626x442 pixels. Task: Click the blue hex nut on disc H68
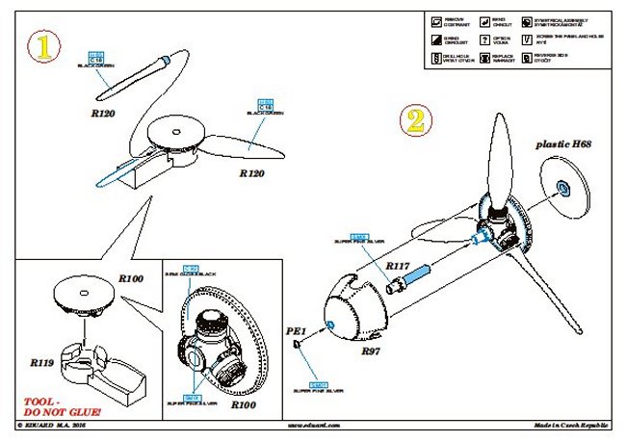(563, 184)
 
